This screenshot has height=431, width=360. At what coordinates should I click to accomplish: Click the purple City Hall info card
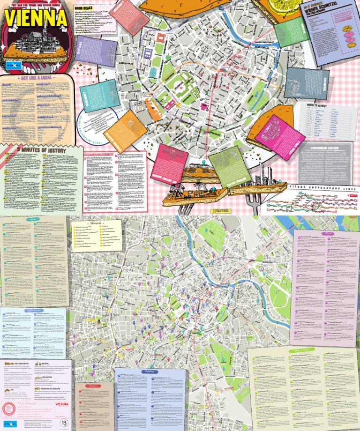click(x=96, y=51)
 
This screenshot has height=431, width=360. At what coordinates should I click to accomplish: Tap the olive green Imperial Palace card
click(x=226, y=164)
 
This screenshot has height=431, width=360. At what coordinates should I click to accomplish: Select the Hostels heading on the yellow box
click(x=96, y=223)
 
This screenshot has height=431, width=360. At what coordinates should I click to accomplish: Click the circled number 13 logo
click(x=64, y=423)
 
